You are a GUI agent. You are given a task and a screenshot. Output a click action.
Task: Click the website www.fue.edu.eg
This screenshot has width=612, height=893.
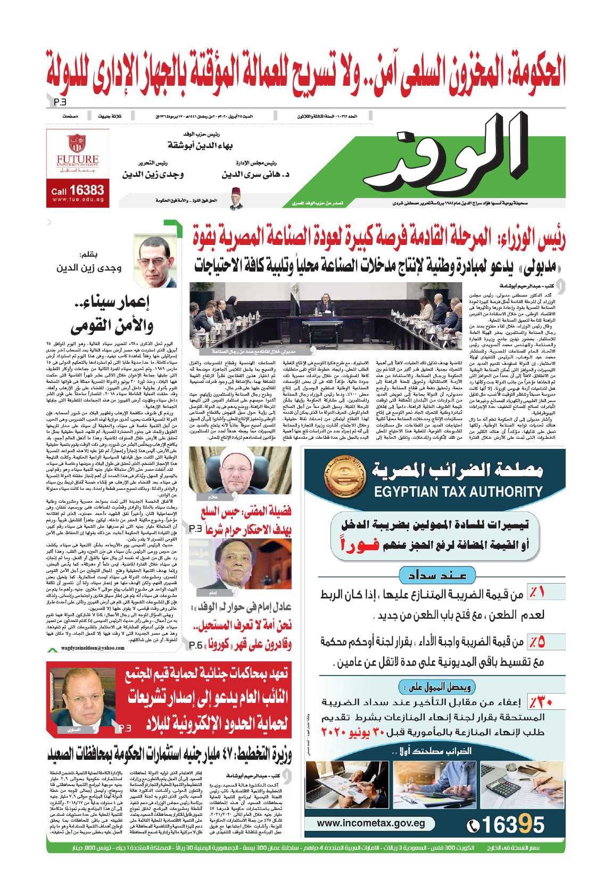click(78, 200)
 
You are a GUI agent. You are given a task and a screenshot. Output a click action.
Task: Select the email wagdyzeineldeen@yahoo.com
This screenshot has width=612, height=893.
click(93, 648)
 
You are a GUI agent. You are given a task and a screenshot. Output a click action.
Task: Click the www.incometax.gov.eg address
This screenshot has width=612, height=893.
click(370, 823)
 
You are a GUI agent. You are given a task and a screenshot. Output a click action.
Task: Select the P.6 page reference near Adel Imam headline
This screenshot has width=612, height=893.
click(195, 645)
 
